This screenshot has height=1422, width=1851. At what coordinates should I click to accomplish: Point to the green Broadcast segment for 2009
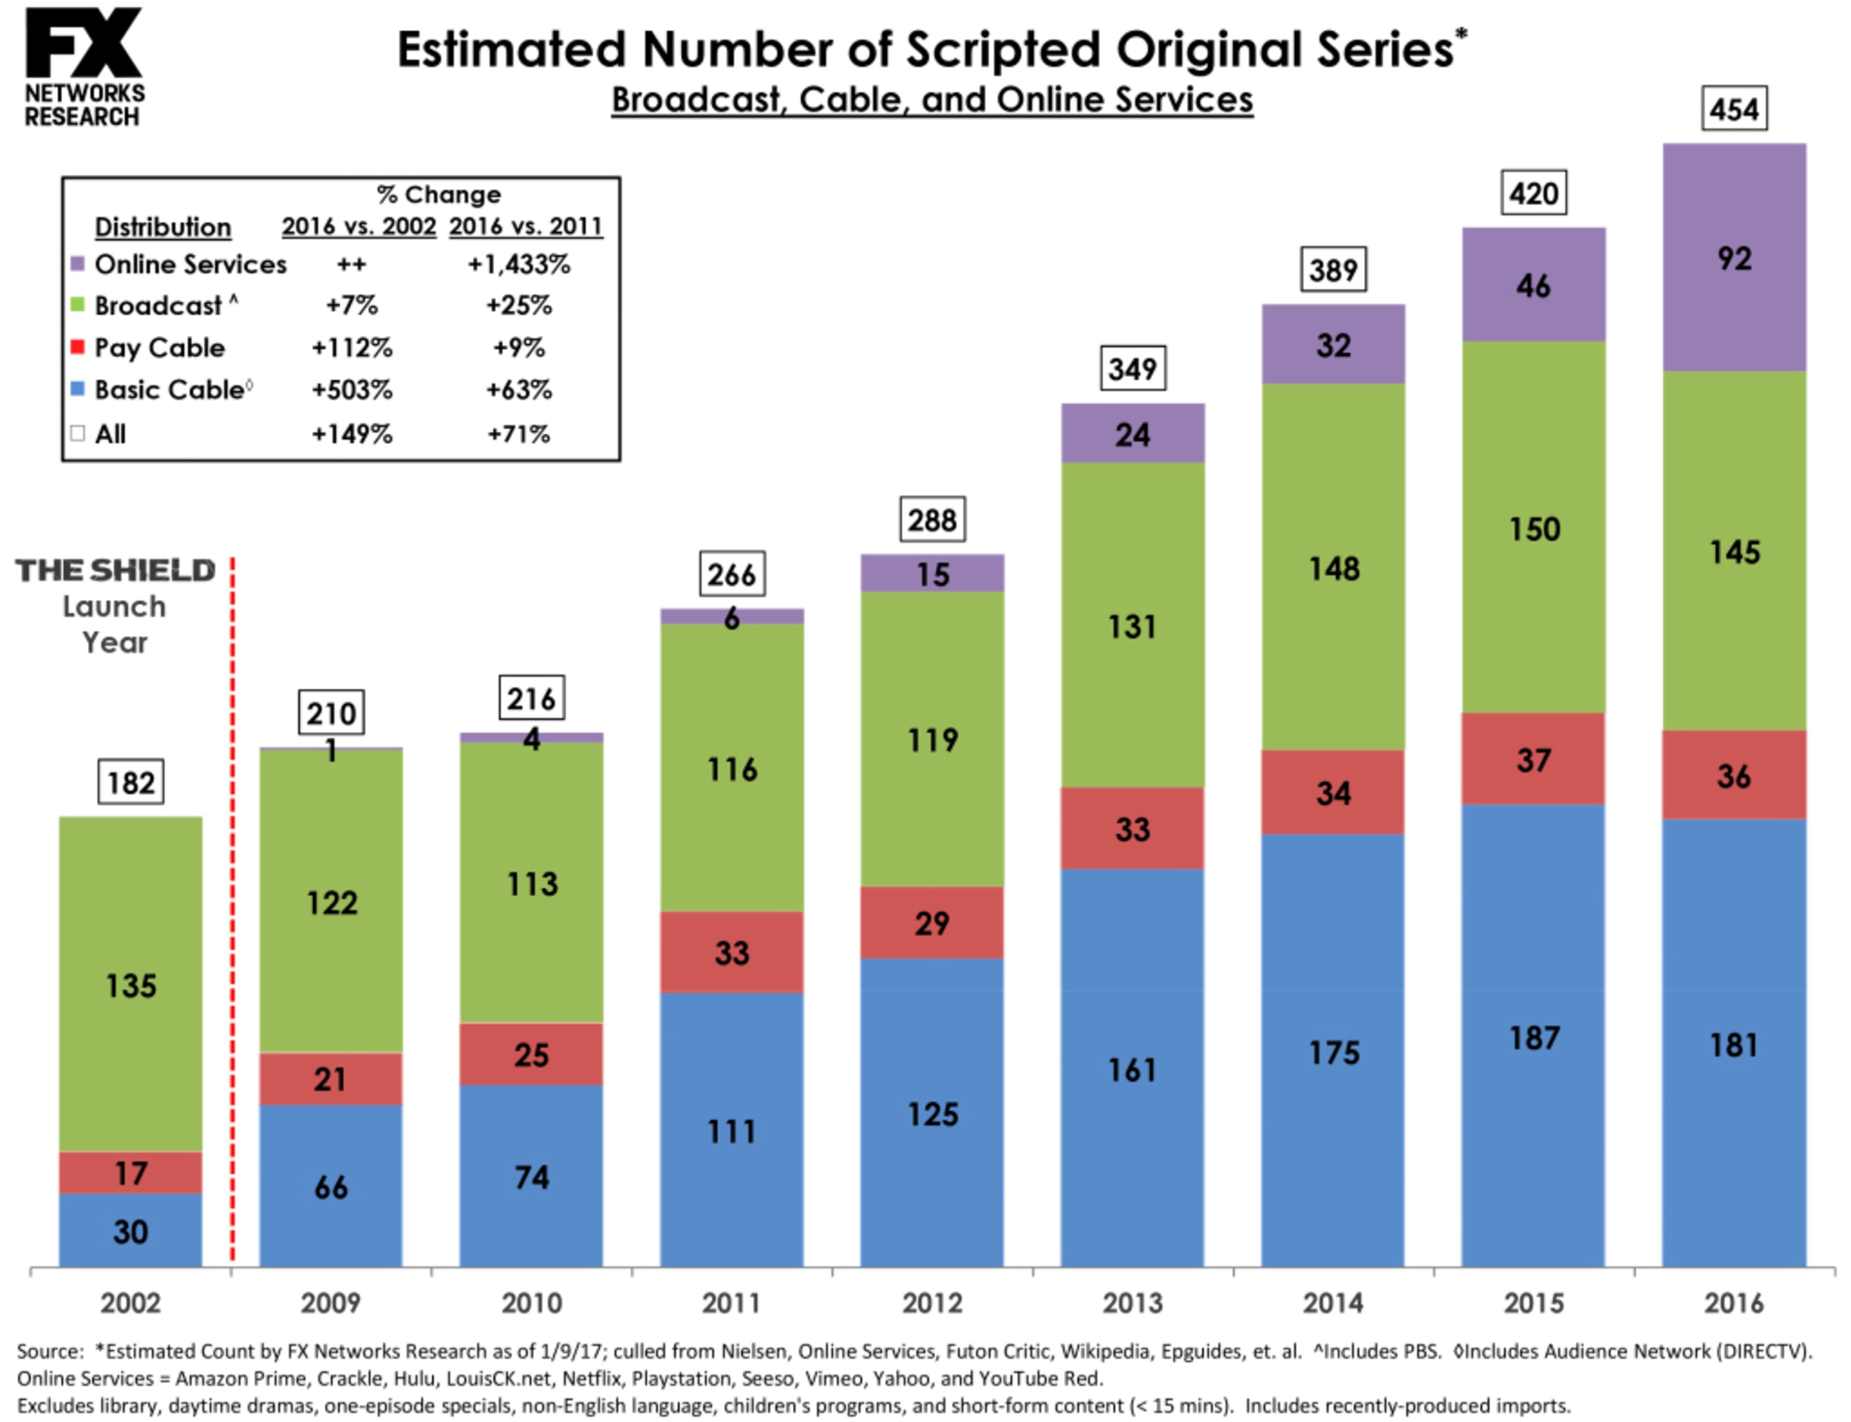click(331, 902)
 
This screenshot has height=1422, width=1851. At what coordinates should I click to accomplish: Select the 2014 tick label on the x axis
click(1333, 1302)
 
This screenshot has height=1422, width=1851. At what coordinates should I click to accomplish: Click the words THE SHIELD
click(115, 571)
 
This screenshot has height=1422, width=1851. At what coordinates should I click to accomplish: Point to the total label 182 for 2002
click(131, 782)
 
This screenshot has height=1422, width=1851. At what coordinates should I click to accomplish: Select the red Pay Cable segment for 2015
click(1533, 759)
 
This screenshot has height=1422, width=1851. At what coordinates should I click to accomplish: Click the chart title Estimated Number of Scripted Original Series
click(931, 49)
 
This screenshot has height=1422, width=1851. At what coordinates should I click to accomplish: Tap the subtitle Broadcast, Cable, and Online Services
click(931, 100)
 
